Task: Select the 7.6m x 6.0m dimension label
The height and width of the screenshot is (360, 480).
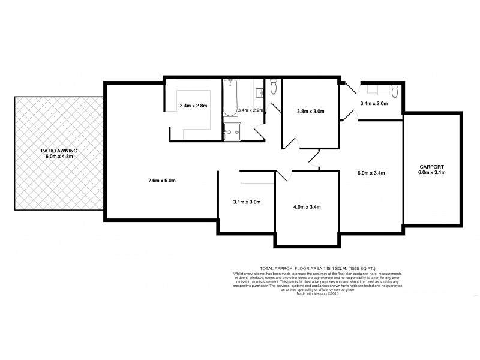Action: [161, 181]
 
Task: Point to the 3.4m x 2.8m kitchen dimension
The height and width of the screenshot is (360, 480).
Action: [193, 106]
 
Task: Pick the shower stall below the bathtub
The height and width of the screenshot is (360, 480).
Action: [231, 131]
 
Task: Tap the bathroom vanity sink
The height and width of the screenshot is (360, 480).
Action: [260, 92]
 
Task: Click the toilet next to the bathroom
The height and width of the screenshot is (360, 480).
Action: [274, 88]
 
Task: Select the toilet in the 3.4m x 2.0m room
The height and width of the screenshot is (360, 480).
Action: [394, 91]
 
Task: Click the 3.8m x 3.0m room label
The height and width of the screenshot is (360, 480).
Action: [310, 111]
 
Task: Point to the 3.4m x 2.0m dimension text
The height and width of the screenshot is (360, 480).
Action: [374, 104]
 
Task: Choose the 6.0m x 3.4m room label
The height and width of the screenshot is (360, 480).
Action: [370, 173]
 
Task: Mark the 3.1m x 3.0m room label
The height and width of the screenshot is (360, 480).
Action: [247, 202]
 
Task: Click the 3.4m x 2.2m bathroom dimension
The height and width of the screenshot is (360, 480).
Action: [251, 110]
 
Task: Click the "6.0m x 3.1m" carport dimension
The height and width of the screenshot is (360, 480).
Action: [432, 173]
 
